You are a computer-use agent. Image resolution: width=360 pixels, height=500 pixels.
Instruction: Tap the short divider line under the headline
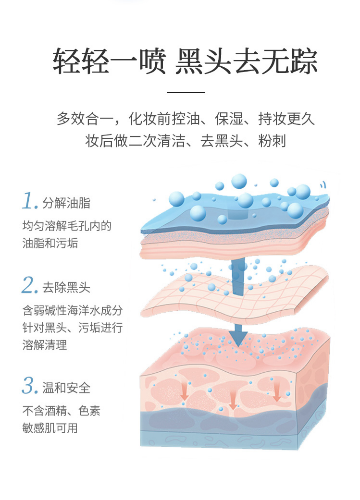[186, 92]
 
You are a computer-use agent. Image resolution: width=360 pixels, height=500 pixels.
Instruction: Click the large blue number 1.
[29, 202]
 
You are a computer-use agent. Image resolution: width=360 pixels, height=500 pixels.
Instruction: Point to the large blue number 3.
[30, 386]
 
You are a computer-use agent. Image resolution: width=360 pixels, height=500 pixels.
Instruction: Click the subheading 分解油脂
[66, 203]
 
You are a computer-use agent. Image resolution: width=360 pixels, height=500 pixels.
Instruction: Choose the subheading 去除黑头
[66, 288]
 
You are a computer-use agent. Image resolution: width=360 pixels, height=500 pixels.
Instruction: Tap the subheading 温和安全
[66, 388]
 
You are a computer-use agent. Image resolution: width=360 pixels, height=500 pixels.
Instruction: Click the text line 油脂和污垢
[50, 243]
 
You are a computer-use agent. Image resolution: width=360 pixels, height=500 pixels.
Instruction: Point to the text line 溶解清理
[45, 344]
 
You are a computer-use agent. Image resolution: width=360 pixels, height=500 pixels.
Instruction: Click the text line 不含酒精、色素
[62, 411]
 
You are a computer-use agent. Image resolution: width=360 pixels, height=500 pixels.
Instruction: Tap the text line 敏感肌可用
[50, 427]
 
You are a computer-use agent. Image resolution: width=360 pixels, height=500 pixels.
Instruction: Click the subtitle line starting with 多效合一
[186, 118]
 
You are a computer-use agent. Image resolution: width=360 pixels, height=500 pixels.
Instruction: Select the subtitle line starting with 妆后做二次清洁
[186, 141]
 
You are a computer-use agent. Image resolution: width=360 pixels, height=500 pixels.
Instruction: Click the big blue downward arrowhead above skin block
[237, 338]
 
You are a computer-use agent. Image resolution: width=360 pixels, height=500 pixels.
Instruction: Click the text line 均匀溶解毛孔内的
[67, 226]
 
